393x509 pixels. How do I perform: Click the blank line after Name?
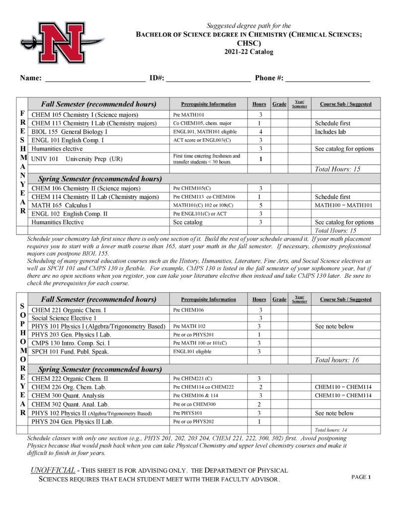pos(95,79)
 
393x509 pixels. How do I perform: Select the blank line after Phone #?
pos(327,79)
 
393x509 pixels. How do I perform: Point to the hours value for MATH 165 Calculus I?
pos(260,205)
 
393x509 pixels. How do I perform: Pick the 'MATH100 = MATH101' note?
pos(343,205)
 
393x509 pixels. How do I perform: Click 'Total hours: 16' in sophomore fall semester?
pos(337,360)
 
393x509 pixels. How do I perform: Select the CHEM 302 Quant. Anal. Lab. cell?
pos(70,404)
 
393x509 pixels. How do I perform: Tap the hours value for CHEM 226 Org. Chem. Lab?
pos(260,387)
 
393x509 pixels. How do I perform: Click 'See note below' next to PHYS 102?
pos(334,413)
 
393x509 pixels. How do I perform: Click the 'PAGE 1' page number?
pos(361,477)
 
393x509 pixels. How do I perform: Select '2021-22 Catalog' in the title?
pos(248,52)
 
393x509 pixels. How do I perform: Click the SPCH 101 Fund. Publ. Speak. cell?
pos(70,351)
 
